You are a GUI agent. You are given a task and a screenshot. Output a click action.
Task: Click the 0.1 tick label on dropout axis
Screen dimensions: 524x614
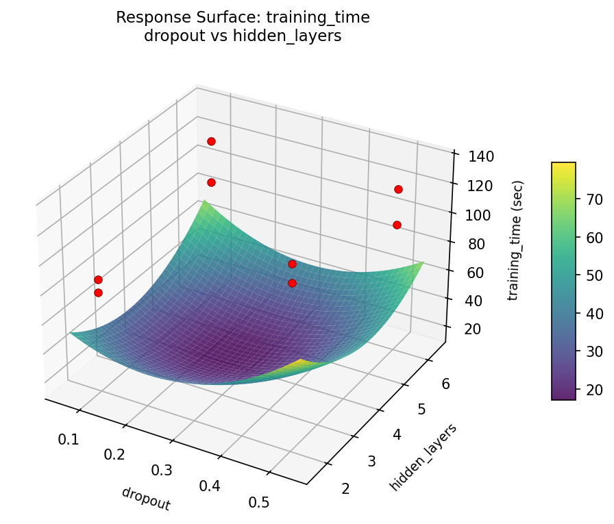click(68, 439)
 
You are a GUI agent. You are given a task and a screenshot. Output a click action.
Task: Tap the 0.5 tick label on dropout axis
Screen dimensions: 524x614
click(259, 502)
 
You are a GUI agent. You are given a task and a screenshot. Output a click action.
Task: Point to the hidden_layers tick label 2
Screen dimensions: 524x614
click(345, 488)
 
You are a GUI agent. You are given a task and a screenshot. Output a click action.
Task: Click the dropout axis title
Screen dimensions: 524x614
click(145, 499)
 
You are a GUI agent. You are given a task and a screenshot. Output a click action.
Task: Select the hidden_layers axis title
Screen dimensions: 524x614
click(423, 457)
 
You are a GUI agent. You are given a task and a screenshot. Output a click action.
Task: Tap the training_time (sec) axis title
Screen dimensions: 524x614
click(518, 240)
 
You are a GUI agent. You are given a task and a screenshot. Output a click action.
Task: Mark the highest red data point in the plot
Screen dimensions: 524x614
click(211, 141)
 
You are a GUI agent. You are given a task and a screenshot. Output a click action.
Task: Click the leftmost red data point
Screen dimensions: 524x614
click(98, 279)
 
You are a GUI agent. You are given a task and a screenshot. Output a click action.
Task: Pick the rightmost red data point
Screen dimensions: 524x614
click(398, 189)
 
